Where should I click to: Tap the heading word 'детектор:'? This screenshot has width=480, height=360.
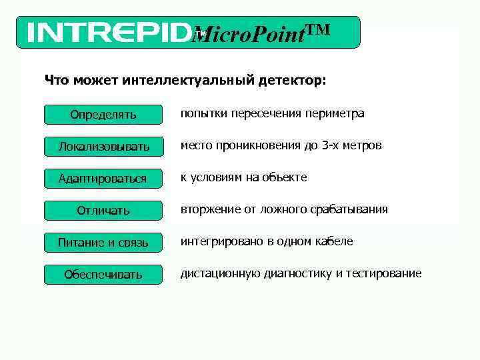(x=293, y=81)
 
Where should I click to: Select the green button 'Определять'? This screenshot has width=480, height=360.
(x=103, y=115)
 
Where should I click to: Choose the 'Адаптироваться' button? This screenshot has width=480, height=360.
(x=103, y=179)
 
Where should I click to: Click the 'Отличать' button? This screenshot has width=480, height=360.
(x=103, y=211)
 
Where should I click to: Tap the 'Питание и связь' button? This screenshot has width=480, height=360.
(x=103, y=243)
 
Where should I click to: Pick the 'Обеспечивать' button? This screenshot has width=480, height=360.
(x=103, y=275)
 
